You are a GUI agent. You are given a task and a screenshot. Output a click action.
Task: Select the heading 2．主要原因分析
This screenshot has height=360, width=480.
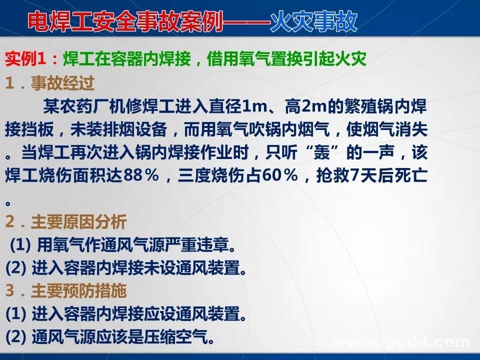tap(66, 221)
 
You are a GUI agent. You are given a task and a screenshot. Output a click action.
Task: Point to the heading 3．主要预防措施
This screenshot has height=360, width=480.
tap(66, 290)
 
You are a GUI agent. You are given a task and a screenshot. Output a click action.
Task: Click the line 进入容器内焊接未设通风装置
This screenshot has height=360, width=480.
tap(135, 268)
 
